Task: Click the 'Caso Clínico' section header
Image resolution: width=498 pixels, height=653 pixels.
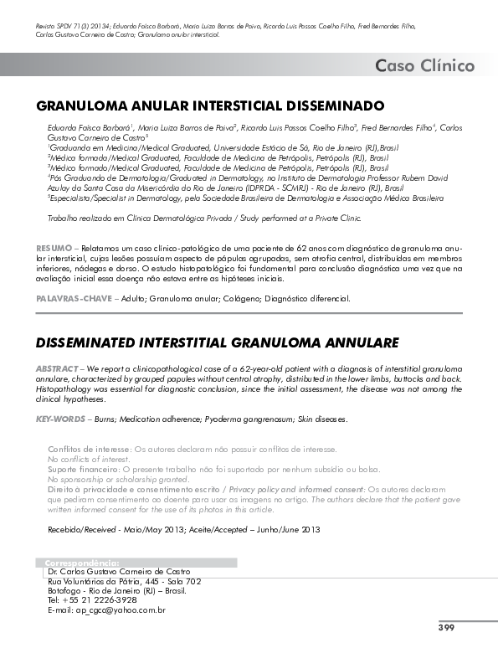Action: [424, 66]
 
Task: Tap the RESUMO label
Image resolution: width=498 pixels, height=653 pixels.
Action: [52, 249]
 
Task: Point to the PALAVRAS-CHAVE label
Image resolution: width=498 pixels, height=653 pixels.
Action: [73, 298]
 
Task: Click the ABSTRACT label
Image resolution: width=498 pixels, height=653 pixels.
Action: [57, 369]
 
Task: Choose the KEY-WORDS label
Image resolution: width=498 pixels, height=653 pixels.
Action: [60, 418]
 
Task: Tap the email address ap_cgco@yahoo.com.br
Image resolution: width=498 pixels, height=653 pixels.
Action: [106, 610]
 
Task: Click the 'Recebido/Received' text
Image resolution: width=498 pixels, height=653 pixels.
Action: [86, 530]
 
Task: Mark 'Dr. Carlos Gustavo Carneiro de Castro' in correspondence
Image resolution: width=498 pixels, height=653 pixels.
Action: [120, 571]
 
